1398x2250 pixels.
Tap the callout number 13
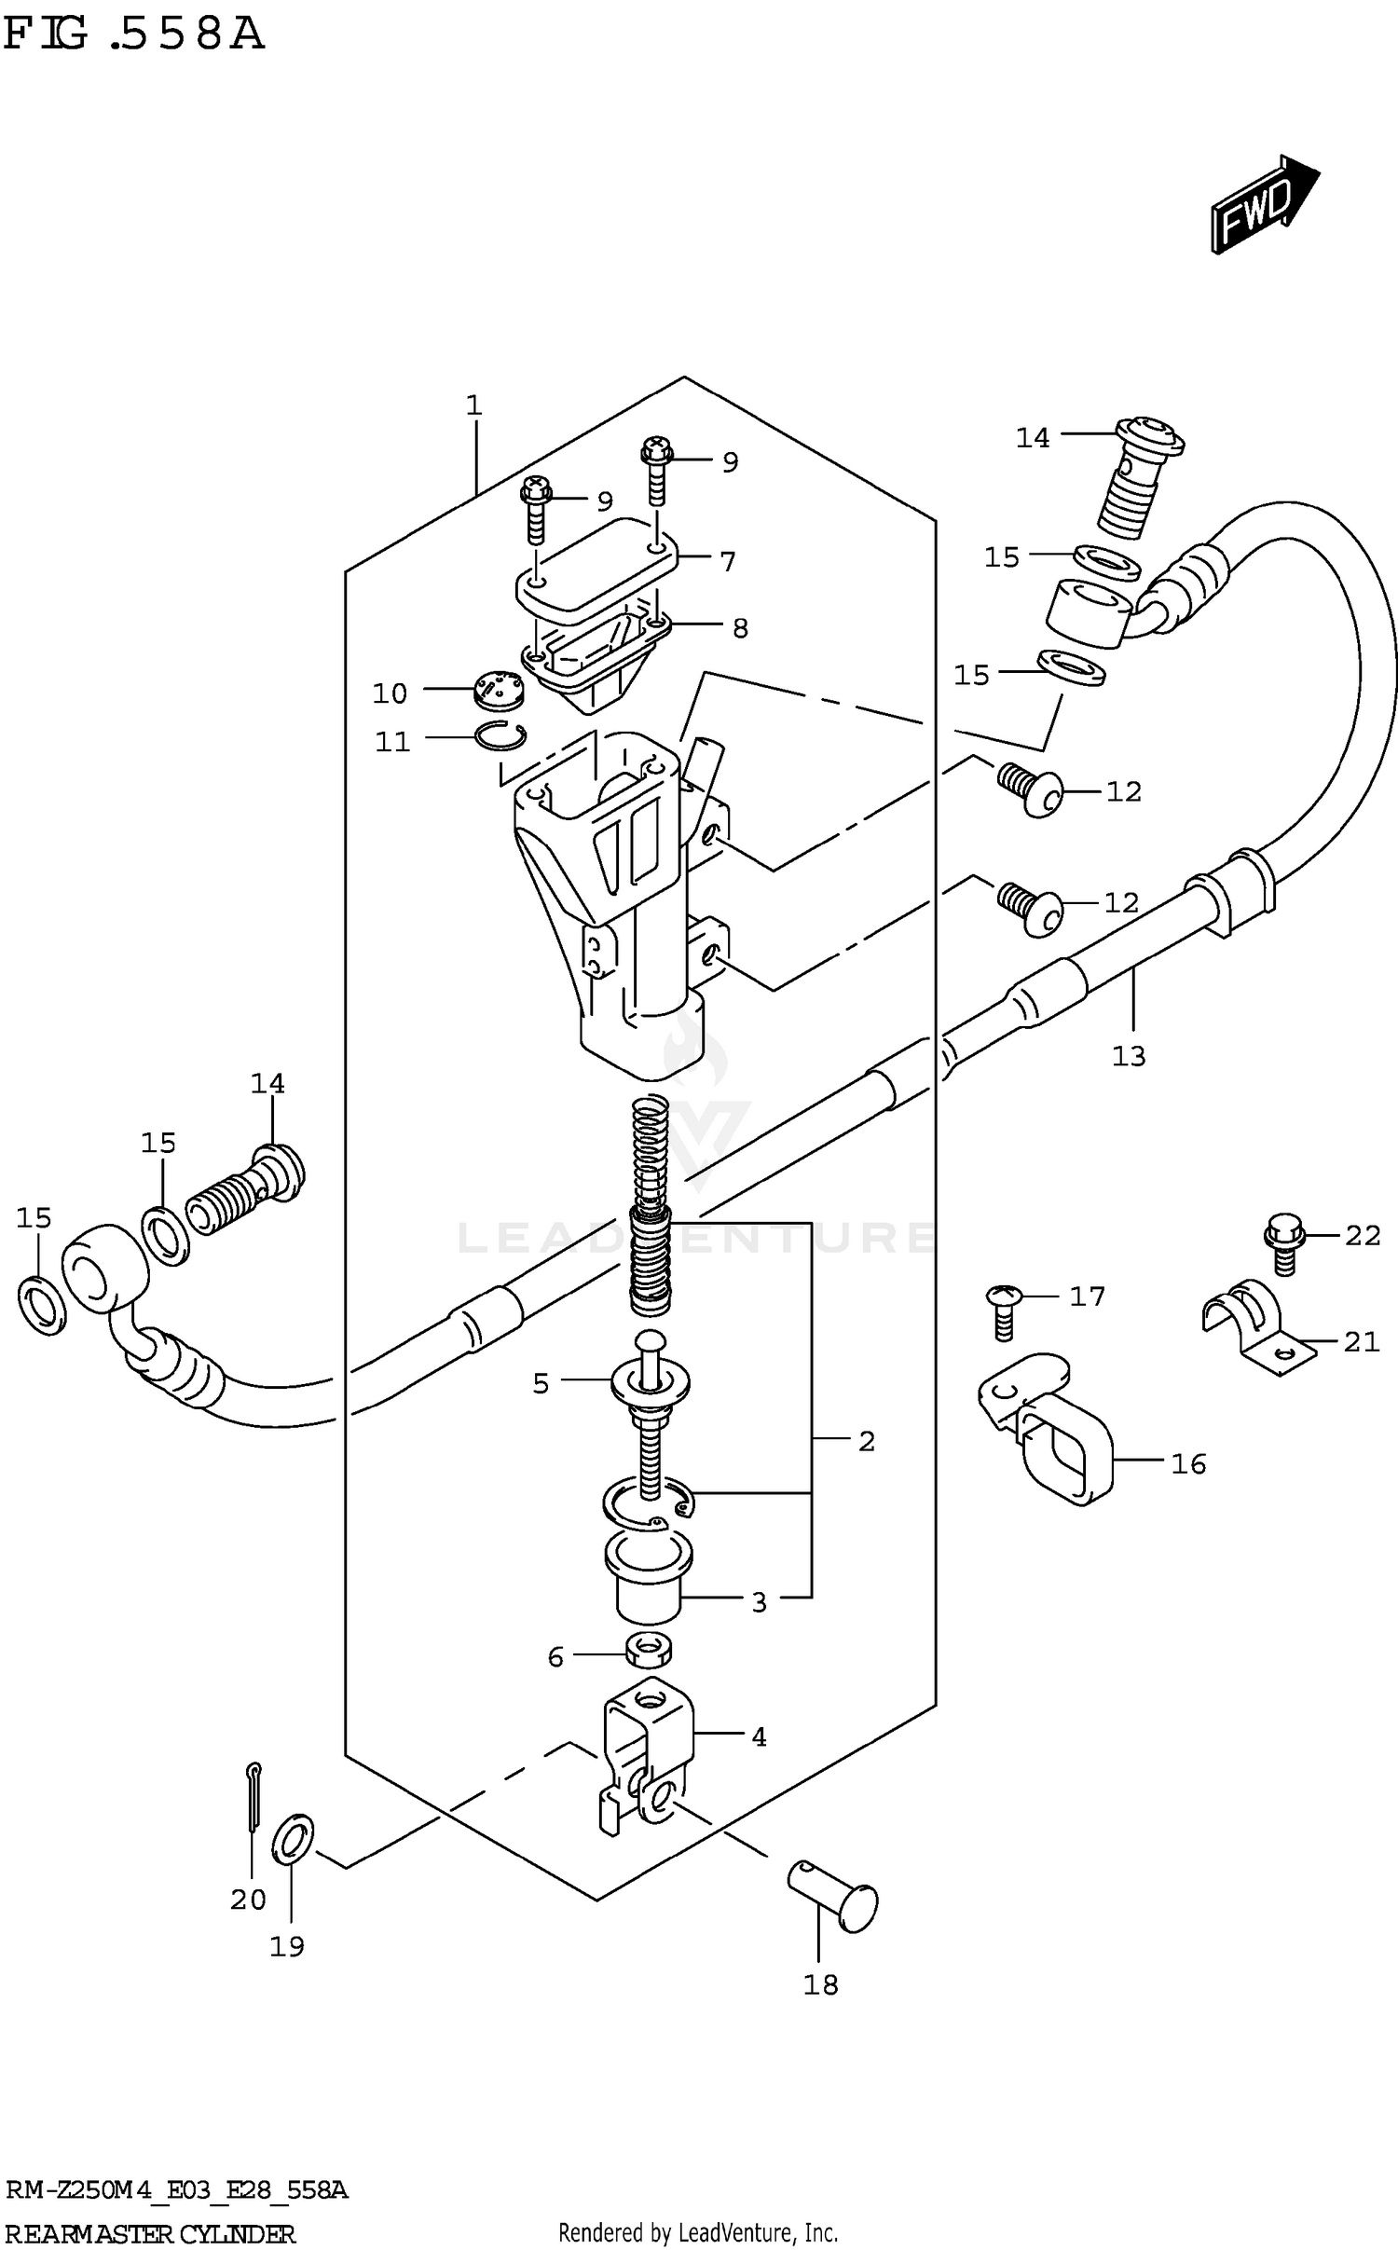1128,1056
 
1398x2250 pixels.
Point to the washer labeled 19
293,1839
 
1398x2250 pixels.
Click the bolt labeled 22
1282,1242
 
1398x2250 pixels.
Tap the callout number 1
473,405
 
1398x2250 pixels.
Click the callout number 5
541,1384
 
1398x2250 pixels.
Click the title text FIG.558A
135,35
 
